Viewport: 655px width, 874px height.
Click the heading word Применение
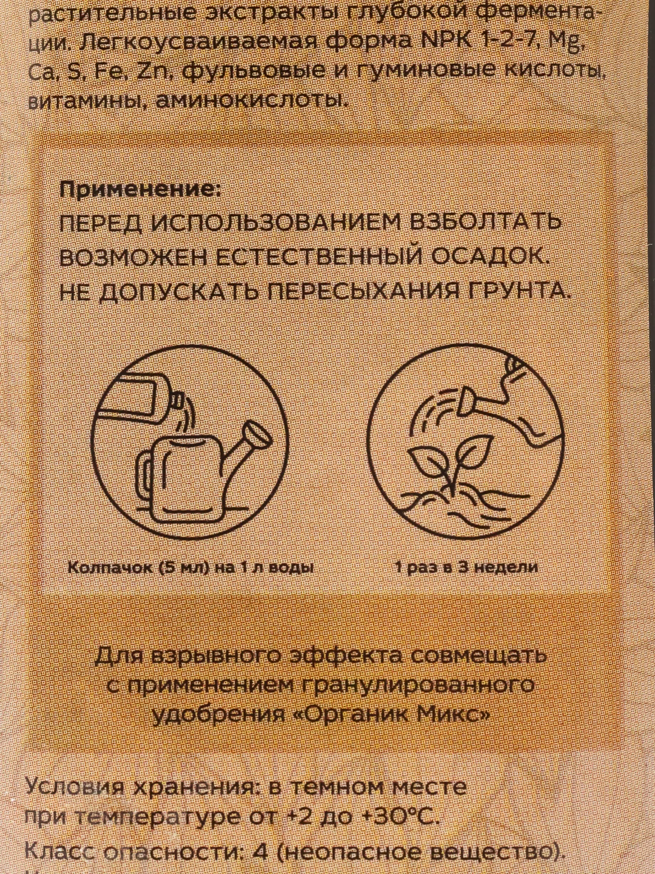(x=139, y=191)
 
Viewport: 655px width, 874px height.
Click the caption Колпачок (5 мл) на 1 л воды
(x=191, y=567)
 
